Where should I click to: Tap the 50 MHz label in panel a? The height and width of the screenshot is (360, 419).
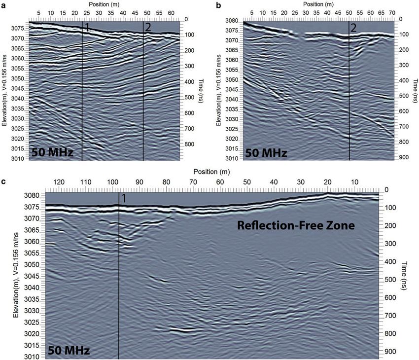tap(53, 152)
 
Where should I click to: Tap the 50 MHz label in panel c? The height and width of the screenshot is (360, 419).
tap(69, 351)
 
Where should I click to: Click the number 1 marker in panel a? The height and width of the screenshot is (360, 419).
tap(87, 28)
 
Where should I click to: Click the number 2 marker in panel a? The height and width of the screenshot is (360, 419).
tap(147, 28)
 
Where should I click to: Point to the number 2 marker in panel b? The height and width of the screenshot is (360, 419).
tap(353, 28)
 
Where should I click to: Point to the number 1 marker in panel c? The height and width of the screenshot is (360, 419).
tap(124, 199)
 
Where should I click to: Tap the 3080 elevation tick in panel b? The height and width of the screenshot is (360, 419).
tap(232, 21)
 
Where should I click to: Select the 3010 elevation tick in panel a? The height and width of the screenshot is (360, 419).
tap(18, 159)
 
